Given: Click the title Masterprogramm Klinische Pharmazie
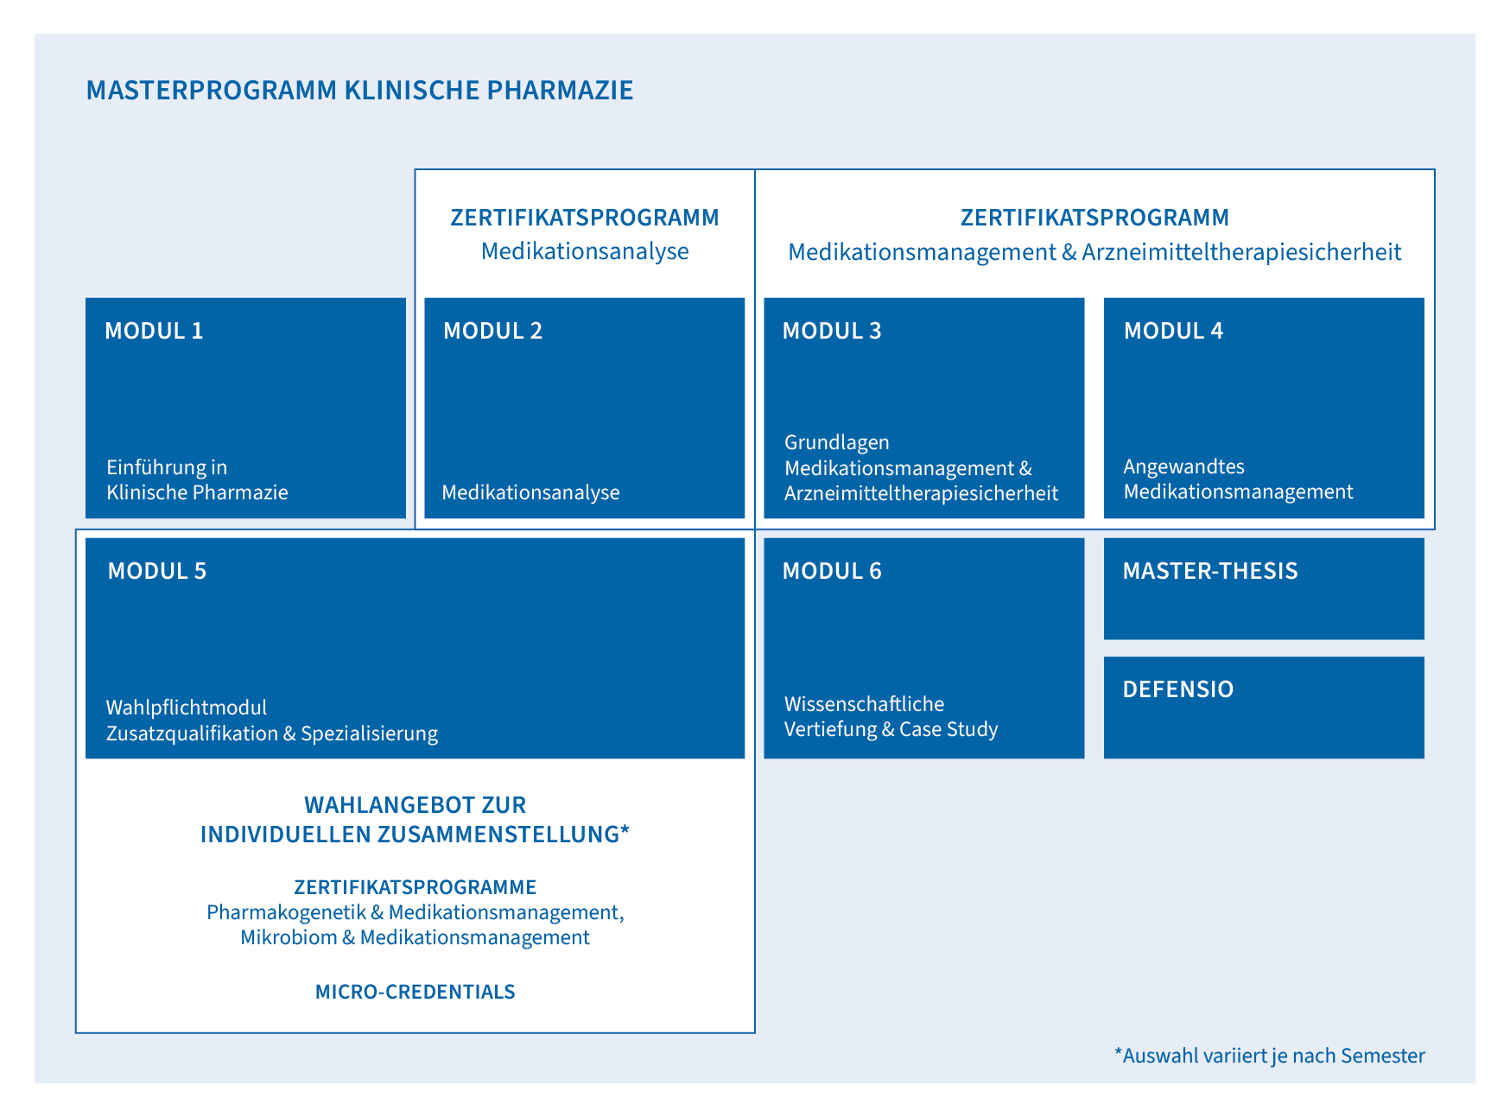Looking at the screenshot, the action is [359, 90].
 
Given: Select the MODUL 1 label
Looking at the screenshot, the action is [154, 331].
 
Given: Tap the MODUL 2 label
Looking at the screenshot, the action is [492, 331].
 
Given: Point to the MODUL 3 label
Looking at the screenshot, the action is [832, 331].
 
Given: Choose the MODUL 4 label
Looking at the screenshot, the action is [1173, 331].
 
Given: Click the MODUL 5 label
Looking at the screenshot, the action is [157, 571].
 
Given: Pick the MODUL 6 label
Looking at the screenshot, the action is [832, 571].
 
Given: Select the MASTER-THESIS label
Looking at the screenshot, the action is [1209, 571].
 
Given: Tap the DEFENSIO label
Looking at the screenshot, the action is [1177, 689].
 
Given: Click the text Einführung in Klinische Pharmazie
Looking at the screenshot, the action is [197, 479].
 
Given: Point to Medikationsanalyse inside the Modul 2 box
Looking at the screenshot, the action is [530, 492].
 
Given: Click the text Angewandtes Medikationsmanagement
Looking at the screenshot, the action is [1238, 479].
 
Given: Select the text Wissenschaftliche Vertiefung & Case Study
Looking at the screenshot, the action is [891, 716].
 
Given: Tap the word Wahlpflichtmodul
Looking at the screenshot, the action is [186, 708].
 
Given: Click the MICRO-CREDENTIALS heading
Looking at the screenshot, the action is [415, 992].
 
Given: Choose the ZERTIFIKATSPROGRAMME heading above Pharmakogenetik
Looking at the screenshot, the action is [415, 887].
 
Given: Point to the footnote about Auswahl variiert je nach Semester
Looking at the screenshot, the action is [1269, 1056].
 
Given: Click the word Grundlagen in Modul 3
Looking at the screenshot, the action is [836, 442].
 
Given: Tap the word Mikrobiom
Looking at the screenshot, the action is [289, 937].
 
